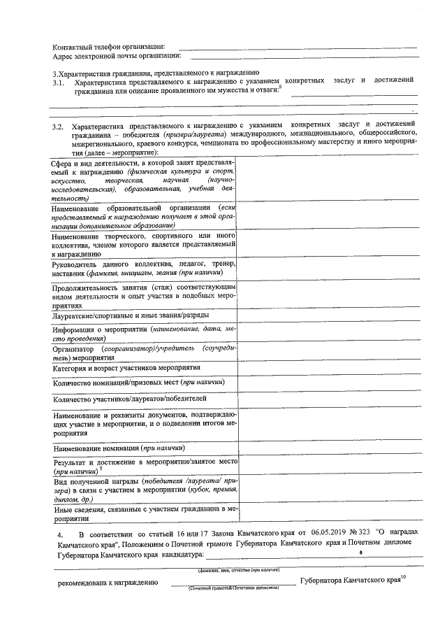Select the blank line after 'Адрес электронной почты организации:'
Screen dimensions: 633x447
pos(300,56)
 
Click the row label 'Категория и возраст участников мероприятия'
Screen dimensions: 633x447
pos(131,367)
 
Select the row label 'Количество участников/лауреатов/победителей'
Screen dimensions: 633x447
pos(129,399)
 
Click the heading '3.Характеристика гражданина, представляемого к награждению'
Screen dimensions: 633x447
pos(156,73)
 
